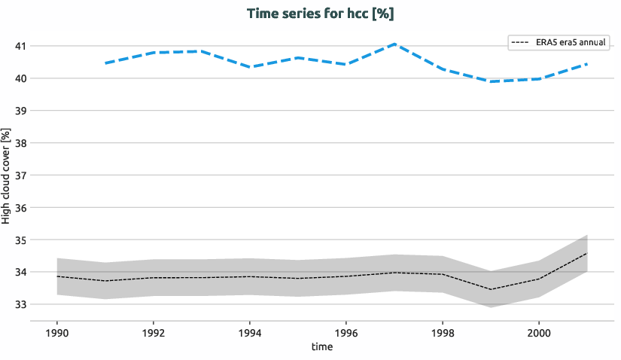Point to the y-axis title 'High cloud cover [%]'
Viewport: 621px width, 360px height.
[x=6, y=175]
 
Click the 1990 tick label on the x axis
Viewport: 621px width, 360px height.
[x=57, y=332]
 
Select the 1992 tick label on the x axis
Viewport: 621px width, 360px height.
[x=154, y=332]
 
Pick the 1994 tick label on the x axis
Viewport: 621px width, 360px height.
[x=250, y=332]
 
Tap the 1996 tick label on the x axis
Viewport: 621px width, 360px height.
[x=346, y=332]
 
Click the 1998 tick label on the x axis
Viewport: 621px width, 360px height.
[x=443, y=332]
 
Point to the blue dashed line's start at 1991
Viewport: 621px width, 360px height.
[x=105, y=63]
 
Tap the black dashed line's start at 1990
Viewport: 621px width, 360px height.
[x=57, y=276]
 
